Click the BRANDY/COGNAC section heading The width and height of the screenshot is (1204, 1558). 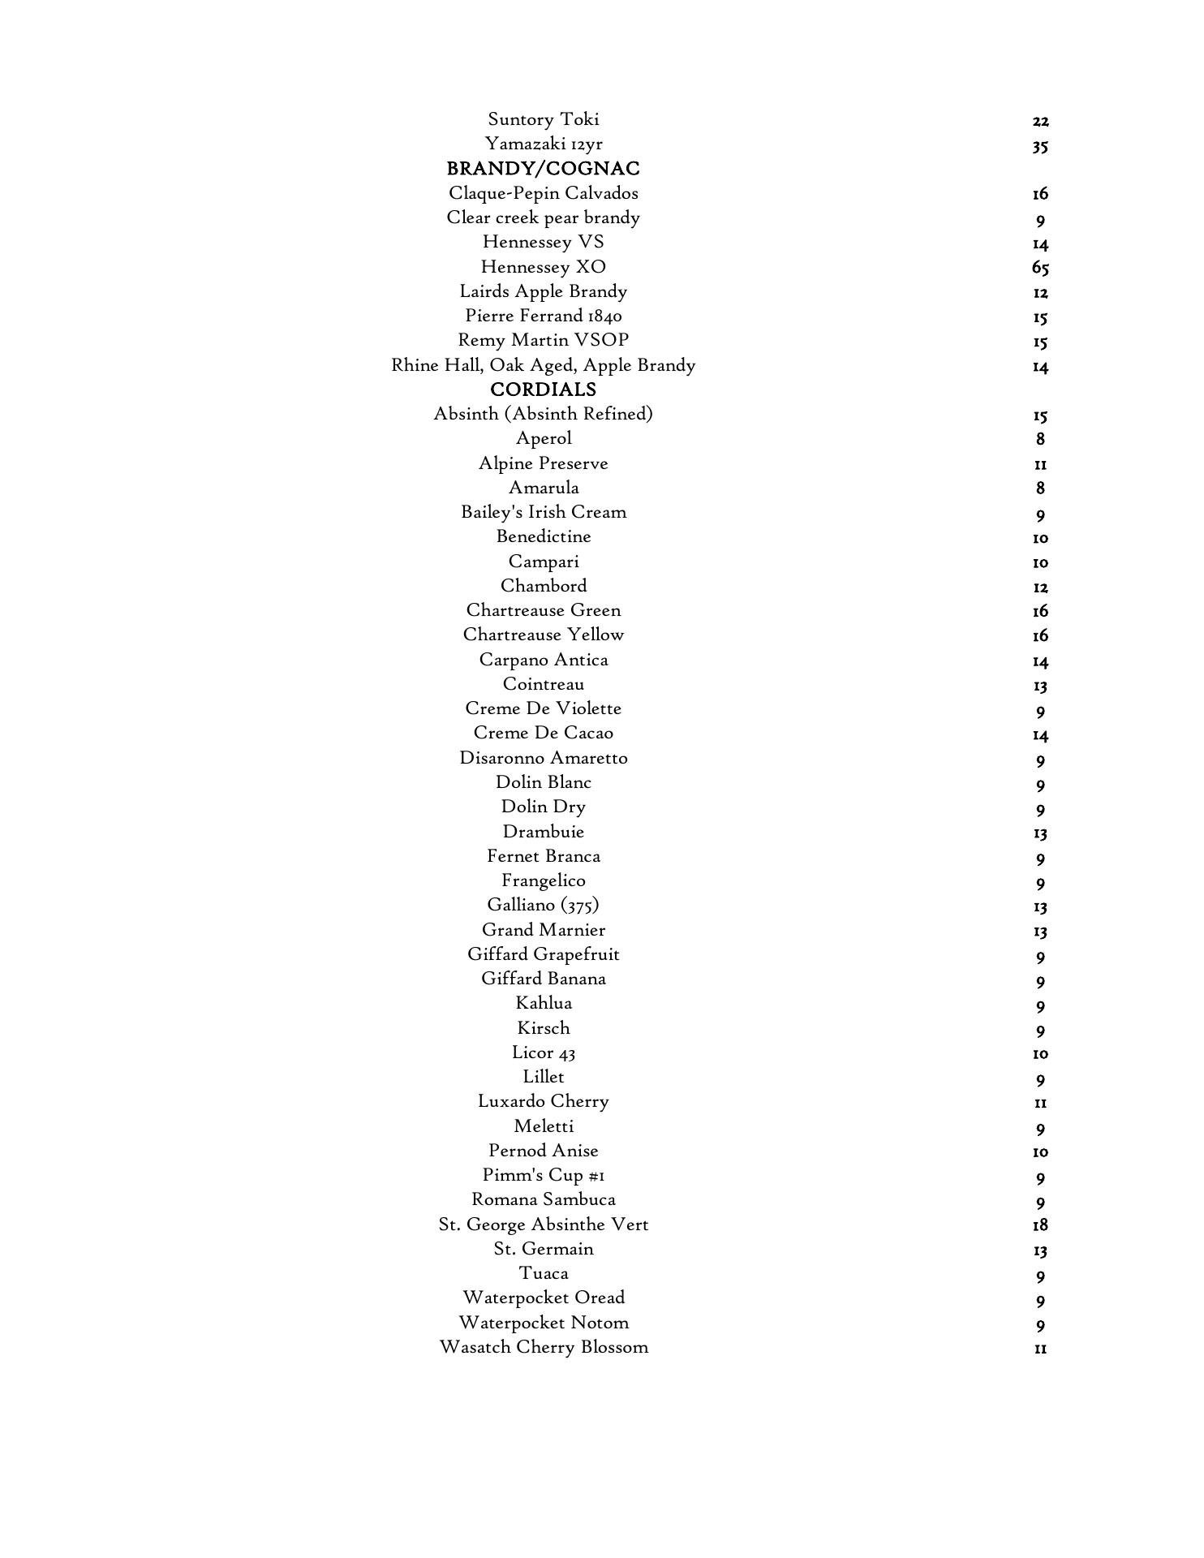pyautogui.click(x=543, y=169)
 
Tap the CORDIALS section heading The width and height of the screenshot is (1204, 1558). pyautogui.click(x=543, y=389)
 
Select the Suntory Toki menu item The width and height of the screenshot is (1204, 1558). pyautogui.click(x=543, y=119)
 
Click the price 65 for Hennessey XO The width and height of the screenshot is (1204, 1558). pyautogui.click(x=1040, y=268)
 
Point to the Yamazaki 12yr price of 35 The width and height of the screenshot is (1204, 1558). pyautogui.click(x=1040, y=146)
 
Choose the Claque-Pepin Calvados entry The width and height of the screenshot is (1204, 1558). pyautogui.click(x=543, y=193)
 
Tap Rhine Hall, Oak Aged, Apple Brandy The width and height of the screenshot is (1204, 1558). pyautogui.click(x=543, y=365)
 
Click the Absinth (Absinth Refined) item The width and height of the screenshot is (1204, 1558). pyautogui.click(x=543, y=414)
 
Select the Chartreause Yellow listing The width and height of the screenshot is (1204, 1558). pyautogui.click(x=543, y=635)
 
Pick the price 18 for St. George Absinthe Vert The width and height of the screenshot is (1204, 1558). pyautogui.click(x=1040, y=1224)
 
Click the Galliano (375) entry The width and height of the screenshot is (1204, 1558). pyautogui.click(x=543, y=905)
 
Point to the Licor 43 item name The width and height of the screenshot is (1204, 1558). pyautogui.click(x=543, y=1052)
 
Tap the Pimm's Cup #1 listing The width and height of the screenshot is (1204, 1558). pyautogui.click(x=543, y=1175)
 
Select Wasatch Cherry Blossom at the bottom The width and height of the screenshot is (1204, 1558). pyautogui.click(x=543, y=1347)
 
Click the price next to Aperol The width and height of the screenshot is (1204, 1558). pyautogui.click(x=1040, y=439)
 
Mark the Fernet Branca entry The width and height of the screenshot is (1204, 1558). pyautogui.click(x=543, y=856)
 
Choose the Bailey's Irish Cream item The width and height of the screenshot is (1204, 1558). pyautogui.click(x=543, y=512)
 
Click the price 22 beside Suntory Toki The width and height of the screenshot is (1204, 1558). pyautogui.click(x=1040, y=122)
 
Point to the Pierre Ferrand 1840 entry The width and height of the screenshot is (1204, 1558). pyautogui.click(x=543, y=316)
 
